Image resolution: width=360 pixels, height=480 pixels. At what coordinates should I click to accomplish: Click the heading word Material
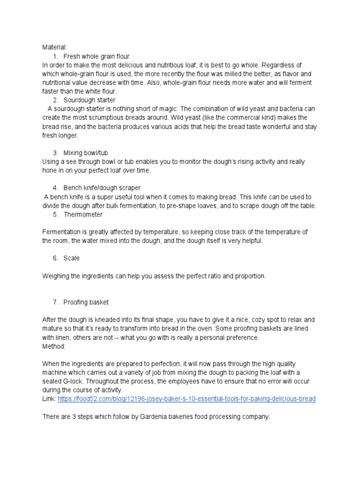pos(54,47)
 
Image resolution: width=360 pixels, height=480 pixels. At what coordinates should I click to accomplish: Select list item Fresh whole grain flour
pos(97,56)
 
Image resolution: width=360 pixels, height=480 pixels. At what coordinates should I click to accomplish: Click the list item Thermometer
pos(83,214)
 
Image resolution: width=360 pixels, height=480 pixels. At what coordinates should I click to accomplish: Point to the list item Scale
pos(72,258)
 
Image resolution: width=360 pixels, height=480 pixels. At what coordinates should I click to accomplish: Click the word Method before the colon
pos(54,346)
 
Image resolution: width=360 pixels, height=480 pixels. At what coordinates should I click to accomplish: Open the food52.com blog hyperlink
pos(187,399)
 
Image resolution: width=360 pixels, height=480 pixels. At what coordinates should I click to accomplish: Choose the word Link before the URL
pos(48,399)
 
